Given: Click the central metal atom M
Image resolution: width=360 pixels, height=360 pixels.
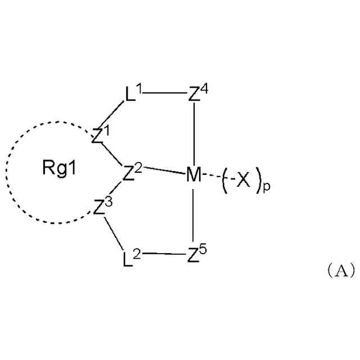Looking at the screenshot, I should (193, 175).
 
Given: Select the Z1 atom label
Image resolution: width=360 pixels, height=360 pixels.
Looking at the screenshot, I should (99, 135).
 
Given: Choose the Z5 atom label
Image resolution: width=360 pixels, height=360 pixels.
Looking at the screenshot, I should (195, 258).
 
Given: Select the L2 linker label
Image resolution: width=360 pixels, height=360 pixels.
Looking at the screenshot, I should (130, 259).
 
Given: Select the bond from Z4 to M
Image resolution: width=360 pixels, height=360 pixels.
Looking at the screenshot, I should (193, 135).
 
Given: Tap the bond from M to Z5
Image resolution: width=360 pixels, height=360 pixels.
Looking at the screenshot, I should (193, 217).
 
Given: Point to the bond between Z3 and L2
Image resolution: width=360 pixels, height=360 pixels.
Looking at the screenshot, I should (114, 235).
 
